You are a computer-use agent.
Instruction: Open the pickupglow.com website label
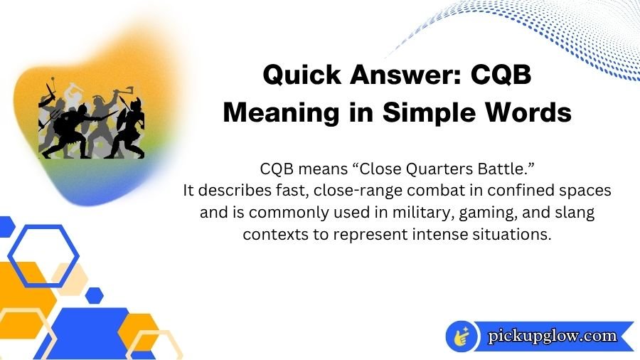pyautogui.click(x=553, y=336)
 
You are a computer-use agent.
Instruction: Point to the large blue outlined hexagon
pyautogui.click(x=42, y=256)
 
